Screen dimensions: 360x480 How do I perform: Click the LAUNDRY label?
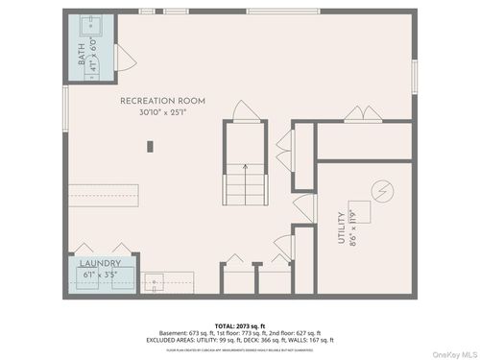point(100,262)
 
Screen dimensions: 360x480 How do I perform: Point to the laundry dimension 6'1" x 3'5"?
point(100,275)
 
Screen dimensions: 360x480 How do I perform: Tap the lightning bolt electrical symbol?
point(381,189)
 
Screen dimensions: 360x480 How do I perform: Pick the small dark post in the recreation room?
point(150,146)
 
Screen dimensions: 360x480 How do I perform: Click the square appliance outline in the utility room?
point(381,191)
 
